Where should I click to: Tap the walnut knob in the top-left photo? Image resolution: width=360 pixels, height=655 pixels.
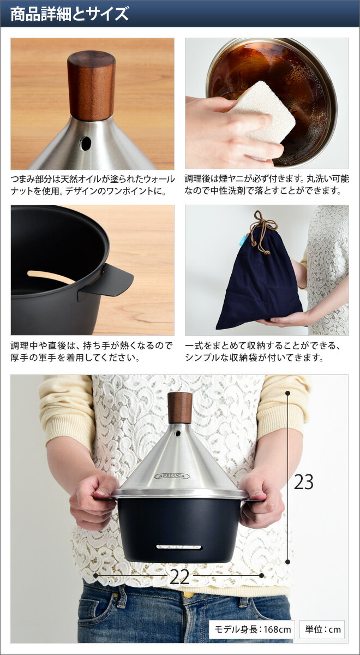91,85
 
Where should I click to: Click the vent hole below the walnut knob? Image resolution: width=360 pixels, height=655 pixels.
86,144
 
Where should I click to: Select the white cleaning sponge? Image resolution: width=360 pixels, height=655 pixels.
262,112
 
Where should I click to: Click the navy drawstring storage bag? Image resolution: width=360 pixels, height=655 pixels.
259,287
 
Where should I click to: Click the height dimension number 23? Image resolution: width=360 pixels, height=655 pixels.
304,483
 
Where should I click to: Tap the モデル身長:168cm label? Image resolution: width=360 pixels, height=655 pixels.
252,629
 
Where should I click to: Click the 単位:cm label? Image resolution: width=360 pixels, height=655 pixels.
323,629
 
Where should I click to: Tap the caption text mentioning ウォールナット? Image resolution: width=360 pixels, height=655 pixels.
92,185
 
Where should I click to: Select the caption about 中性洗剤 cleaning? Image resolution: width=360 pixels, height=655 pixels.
267,185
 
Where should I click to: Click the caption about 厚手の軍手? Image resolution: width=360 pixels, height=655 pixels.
92,352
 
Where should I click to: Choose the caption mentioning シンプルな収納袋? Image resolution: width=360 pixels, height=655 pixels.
267,352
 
